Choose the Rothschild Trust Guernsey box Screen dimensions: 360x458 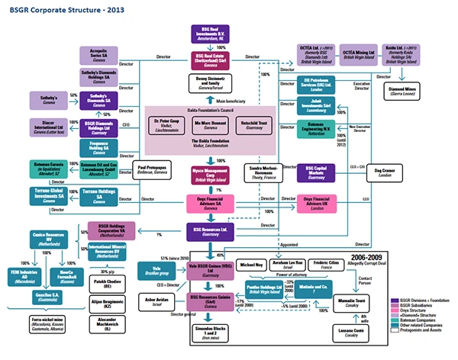(251, 124)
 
